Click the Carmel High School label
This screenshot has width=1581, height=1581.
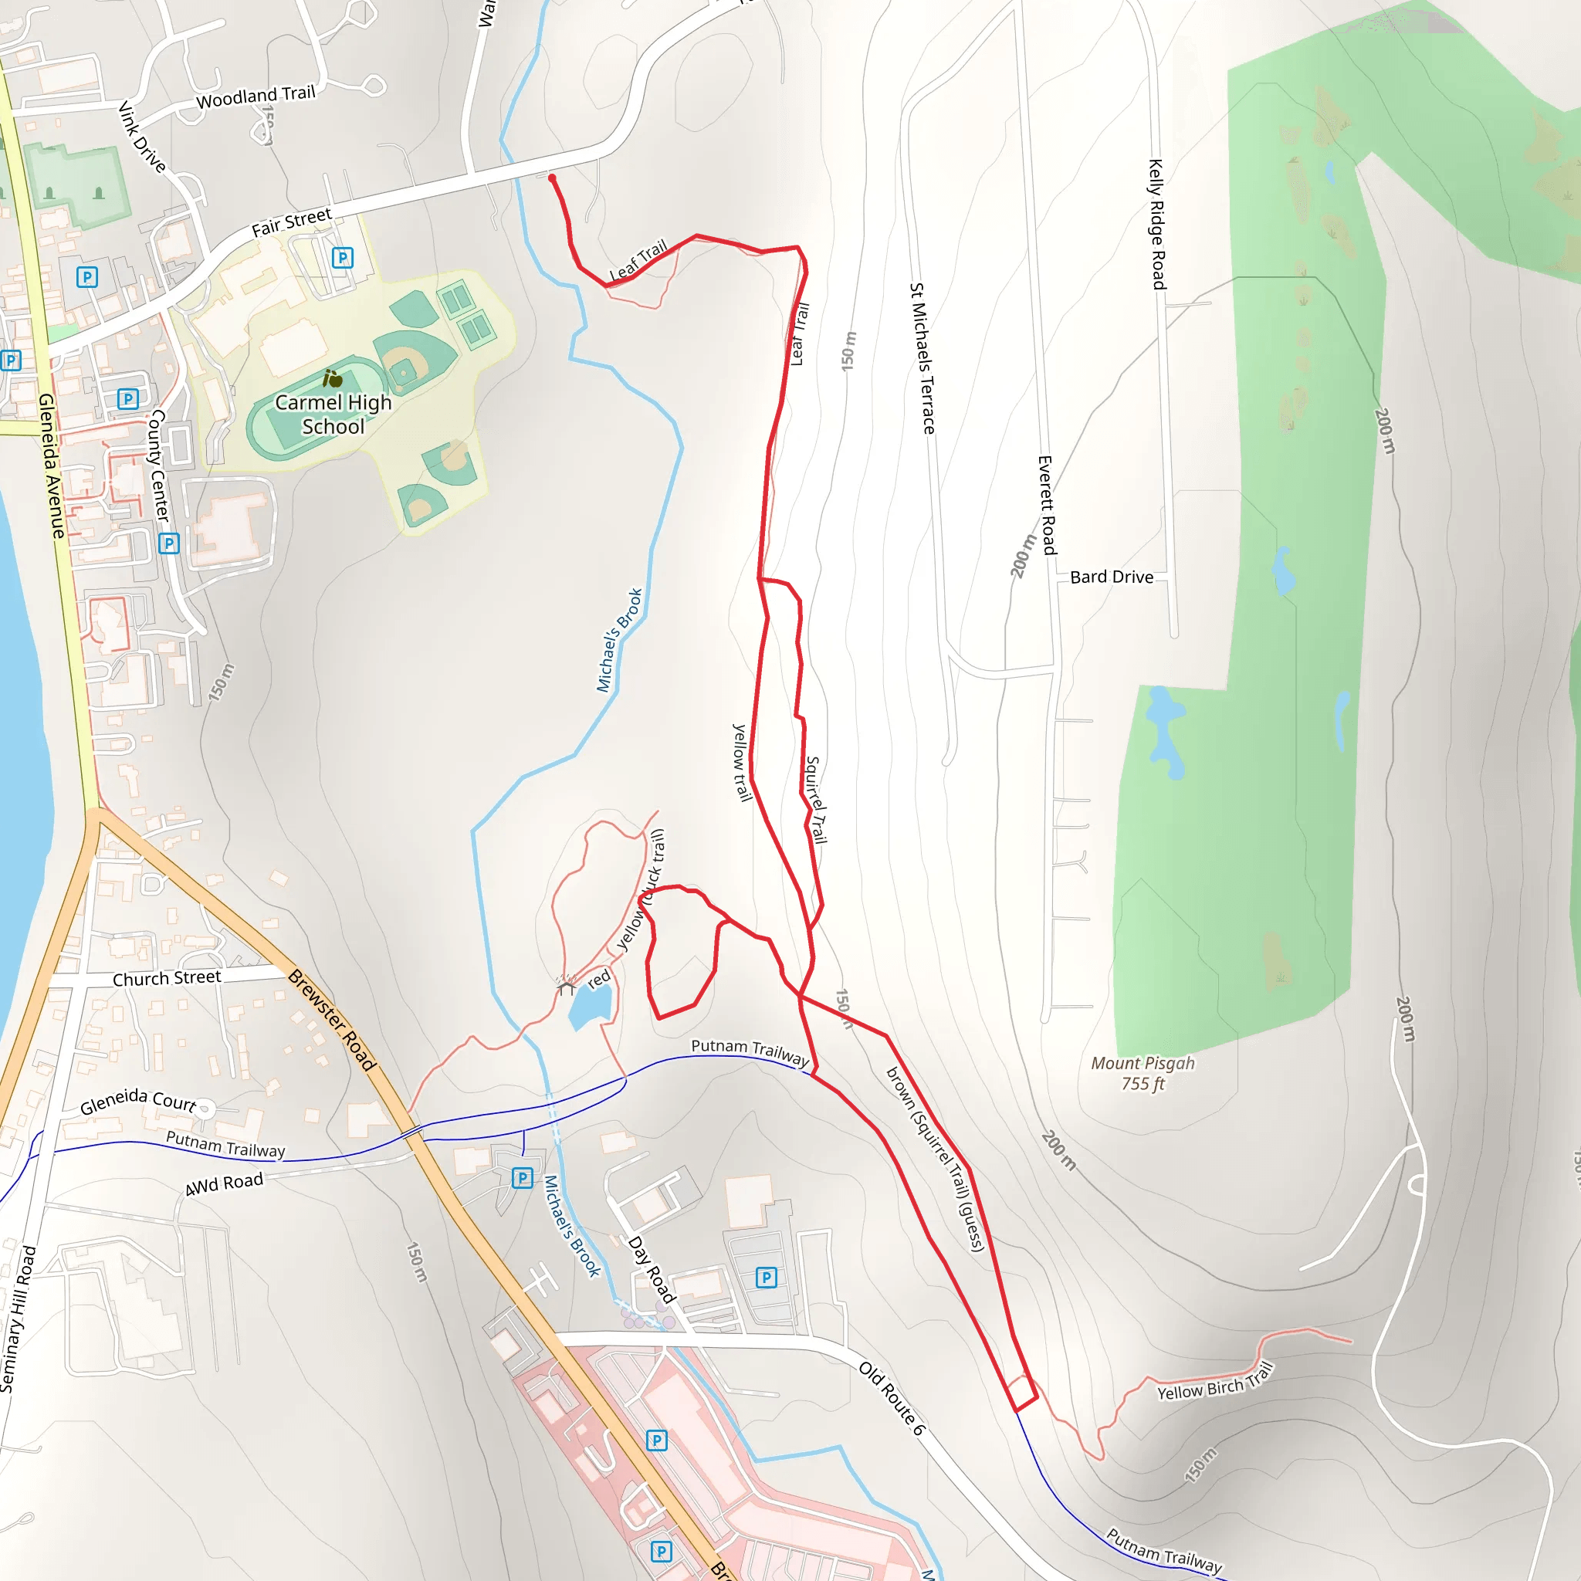333,414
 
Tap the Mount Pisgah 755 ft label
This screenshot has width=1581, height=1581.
1143,1073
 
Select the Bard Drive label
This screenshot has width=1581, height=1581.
1112,577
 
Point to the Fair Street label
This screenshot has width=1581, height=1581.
291,222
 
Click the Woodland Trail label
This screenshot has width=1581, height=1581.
256,96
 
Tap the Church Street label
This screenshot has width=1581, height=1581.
166,979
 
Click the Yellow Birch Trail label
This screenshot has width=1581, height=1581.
1215,1382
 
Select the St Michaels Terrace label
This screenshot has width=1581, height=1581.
923,358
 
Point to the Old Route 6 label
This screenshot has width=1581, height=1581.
892,1399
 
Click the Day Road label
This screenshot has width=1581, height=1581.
652,1270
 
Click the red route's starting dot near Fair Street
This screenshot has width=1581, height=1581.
553,178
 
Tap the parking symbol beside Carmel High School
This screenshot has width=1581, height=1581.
343,258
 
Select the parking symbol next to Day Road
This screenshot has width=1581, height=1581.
766,1278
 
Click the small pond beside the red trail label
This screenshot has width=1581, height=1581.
590,1007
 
